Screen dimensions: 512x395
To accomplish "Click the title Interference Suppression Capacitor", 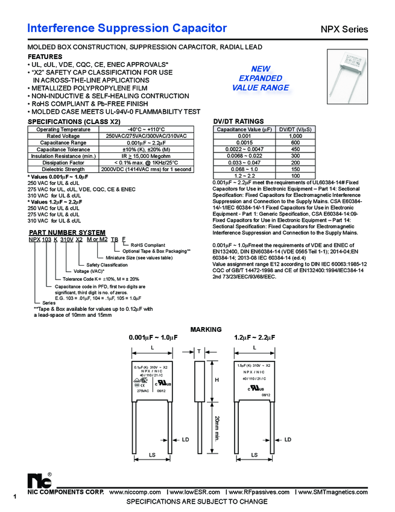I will click(x=127, y=28).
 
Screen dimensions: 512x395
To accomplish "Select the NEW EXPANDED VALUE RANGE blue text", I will click(x=261, y=78).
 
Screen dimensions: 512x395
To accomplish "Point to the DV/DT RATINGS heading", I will click(x=238, y=122).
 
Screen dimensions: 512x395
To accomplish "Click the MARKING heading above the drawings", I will click(x=206, y=329).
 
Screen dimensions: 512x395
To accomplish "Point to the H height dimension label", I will click(x=216, y=380).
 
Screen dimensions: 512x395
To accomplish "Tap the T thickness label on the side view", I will click(x=198, y=351).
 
